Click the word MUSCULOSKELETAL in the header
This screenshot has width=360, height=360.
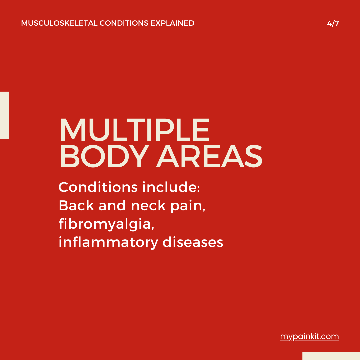point(59,23)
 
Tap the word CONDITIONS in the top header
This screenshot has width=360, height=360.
point(124,23)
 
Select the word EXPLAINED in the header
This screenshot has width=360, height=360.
point(172,23)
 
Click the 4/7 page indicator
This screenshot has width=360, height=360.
point(333,23)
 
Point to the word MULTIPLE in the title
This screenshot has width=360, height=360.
point(135,130)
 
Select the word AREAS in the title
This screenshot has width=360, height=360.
point(209,156)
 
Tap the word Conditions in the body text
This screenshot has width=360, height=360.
point(98,187)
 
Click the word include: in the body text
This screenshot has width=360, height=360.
point(171,187)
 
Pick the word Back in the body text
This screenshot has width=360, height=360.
point(76,205)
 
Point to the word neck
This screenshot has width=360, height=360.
point(148,205)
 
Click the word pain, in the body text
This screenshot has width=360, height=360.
point(188,206)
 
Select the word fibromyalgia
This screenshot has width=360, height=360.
point(106,224)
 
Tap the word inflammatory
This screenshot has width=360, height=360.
point(108,242)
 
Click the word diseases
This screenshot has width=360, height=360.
point(193,242)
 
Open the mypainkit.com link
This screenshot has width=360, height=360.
point(309,337)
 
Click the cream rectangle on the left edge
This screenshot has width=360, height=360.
point(4,115)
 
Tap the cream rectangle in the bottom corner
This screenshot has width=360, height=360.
point(331,356)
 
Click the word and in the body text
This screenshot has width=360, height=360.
point(112,205)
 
